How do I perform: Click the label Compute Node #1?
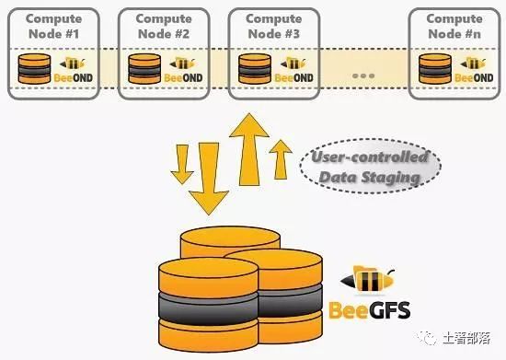52,27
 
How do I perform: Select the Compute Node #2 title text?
163,27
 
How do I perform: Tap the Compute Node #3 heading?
273,27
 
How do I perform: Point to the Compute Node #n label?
454,27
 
